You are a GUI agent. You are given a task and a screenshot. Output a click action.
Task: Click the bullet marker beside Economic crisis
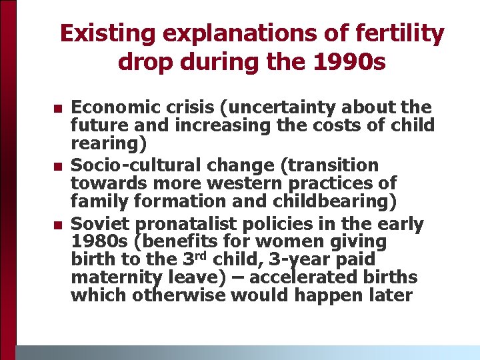coord(57,108)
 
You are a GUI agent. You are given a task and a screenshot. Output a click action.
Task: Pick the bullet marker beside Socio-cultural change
coord(57,166)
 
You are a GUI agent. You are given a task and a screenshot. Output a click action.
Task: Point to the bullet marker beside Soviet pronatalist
coord(57,224)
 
